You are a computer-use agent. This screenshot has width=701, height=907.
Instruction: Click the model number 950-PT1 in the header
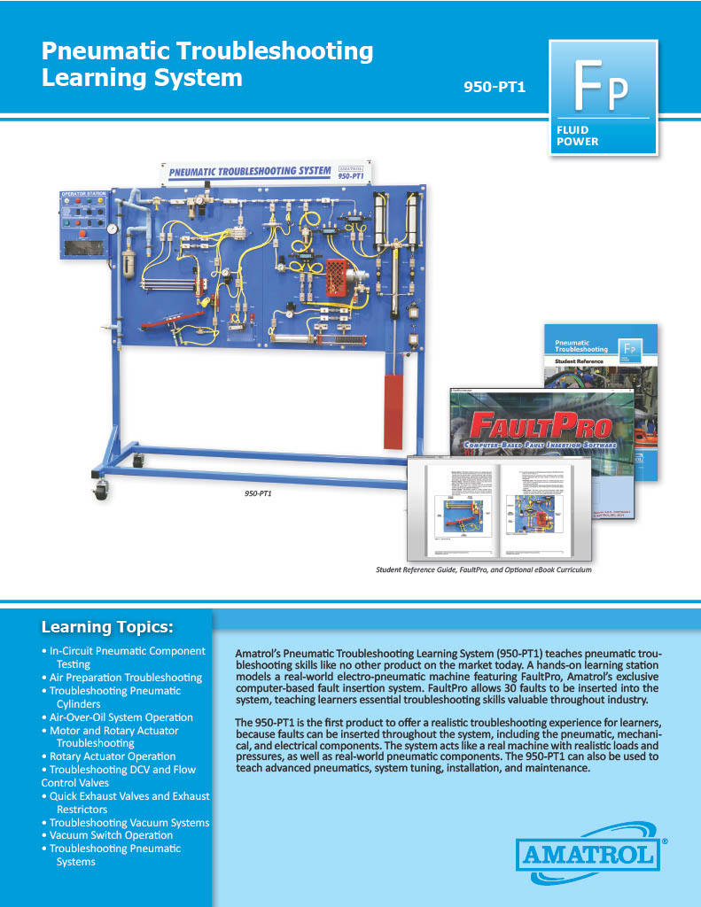(x=495, y=87)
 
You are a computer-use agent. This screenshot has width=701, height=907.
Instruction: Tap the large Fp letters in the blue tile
(x=603, y=82)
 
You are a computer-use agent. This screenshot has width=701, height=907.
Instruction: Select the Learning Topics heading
(x=107, y=628)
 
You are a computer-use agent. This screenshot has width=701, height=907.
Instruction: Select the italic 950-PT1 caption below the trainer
(x=258, y=492)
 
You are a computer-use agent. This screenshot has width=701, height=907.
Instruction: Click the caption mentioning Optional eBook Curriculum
(x=484, y=570)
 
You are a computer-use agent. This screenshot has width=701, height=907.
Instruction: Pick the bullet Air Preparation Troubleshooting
(x=126, y=678)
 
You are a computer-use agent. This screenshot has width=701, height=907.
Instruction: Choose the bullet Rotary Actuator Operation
(x=113, y=756)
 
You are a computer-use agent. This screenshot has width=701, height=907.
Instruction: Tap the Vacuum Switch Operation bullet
(x=111, y=835)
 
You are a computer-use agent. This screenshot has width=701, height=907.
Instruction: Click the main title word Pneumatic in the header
(x=110, y=50)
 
